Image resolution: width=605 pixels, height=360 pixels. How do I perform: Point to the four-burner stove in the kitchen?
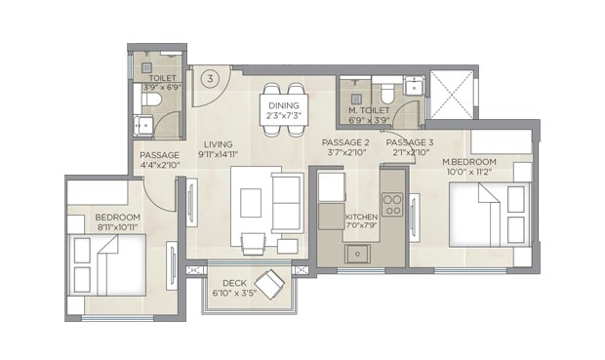[x=392, y=205]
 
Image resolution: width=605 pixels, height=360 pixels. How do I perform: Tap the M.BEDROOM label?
[x=469, y=161]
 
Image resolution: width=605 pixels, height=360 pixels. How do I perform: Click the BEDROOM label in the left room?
[x=118, y=217]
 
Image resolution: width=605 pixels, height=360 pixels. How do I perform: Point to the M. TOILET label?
[x=369, y=111]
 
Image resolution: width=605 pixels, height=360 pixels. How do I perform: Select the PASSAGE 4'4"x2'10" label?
[x=159, y=160]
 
